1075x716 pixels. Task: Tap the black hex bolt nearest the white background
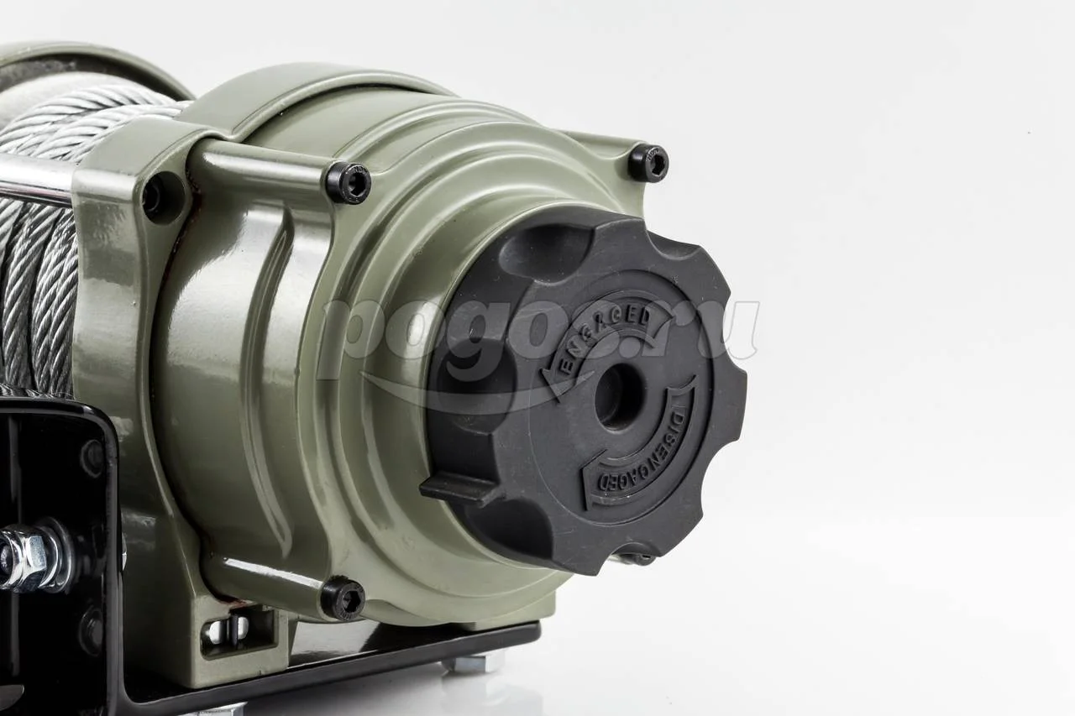pyautogui.click(x=648, y=163)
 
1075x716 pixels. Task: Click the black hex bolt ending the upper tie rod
pyautogui.click(x=349, y=182)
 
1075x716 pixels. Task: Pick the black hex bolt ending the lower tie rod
pyautogui.click(x=343, y=598)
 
